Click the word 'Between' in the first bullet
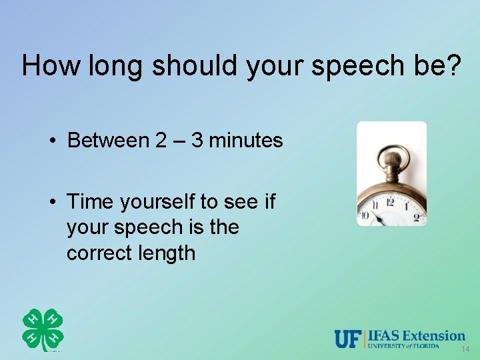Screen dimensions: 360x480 coord(109,141)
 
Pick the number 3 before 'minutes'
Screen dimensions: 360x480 coord(197,141)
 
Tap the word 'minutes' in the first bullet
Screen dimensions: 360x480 coord(246,141)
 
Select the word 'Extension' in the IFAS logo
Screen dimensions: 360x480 coord(433,335)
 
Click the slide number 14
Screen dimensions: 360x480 coord(465,350)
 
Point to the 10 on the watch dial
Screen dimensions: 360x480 coord(365,215)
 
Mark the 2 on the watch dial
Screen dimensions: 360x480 coord(417,216)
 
